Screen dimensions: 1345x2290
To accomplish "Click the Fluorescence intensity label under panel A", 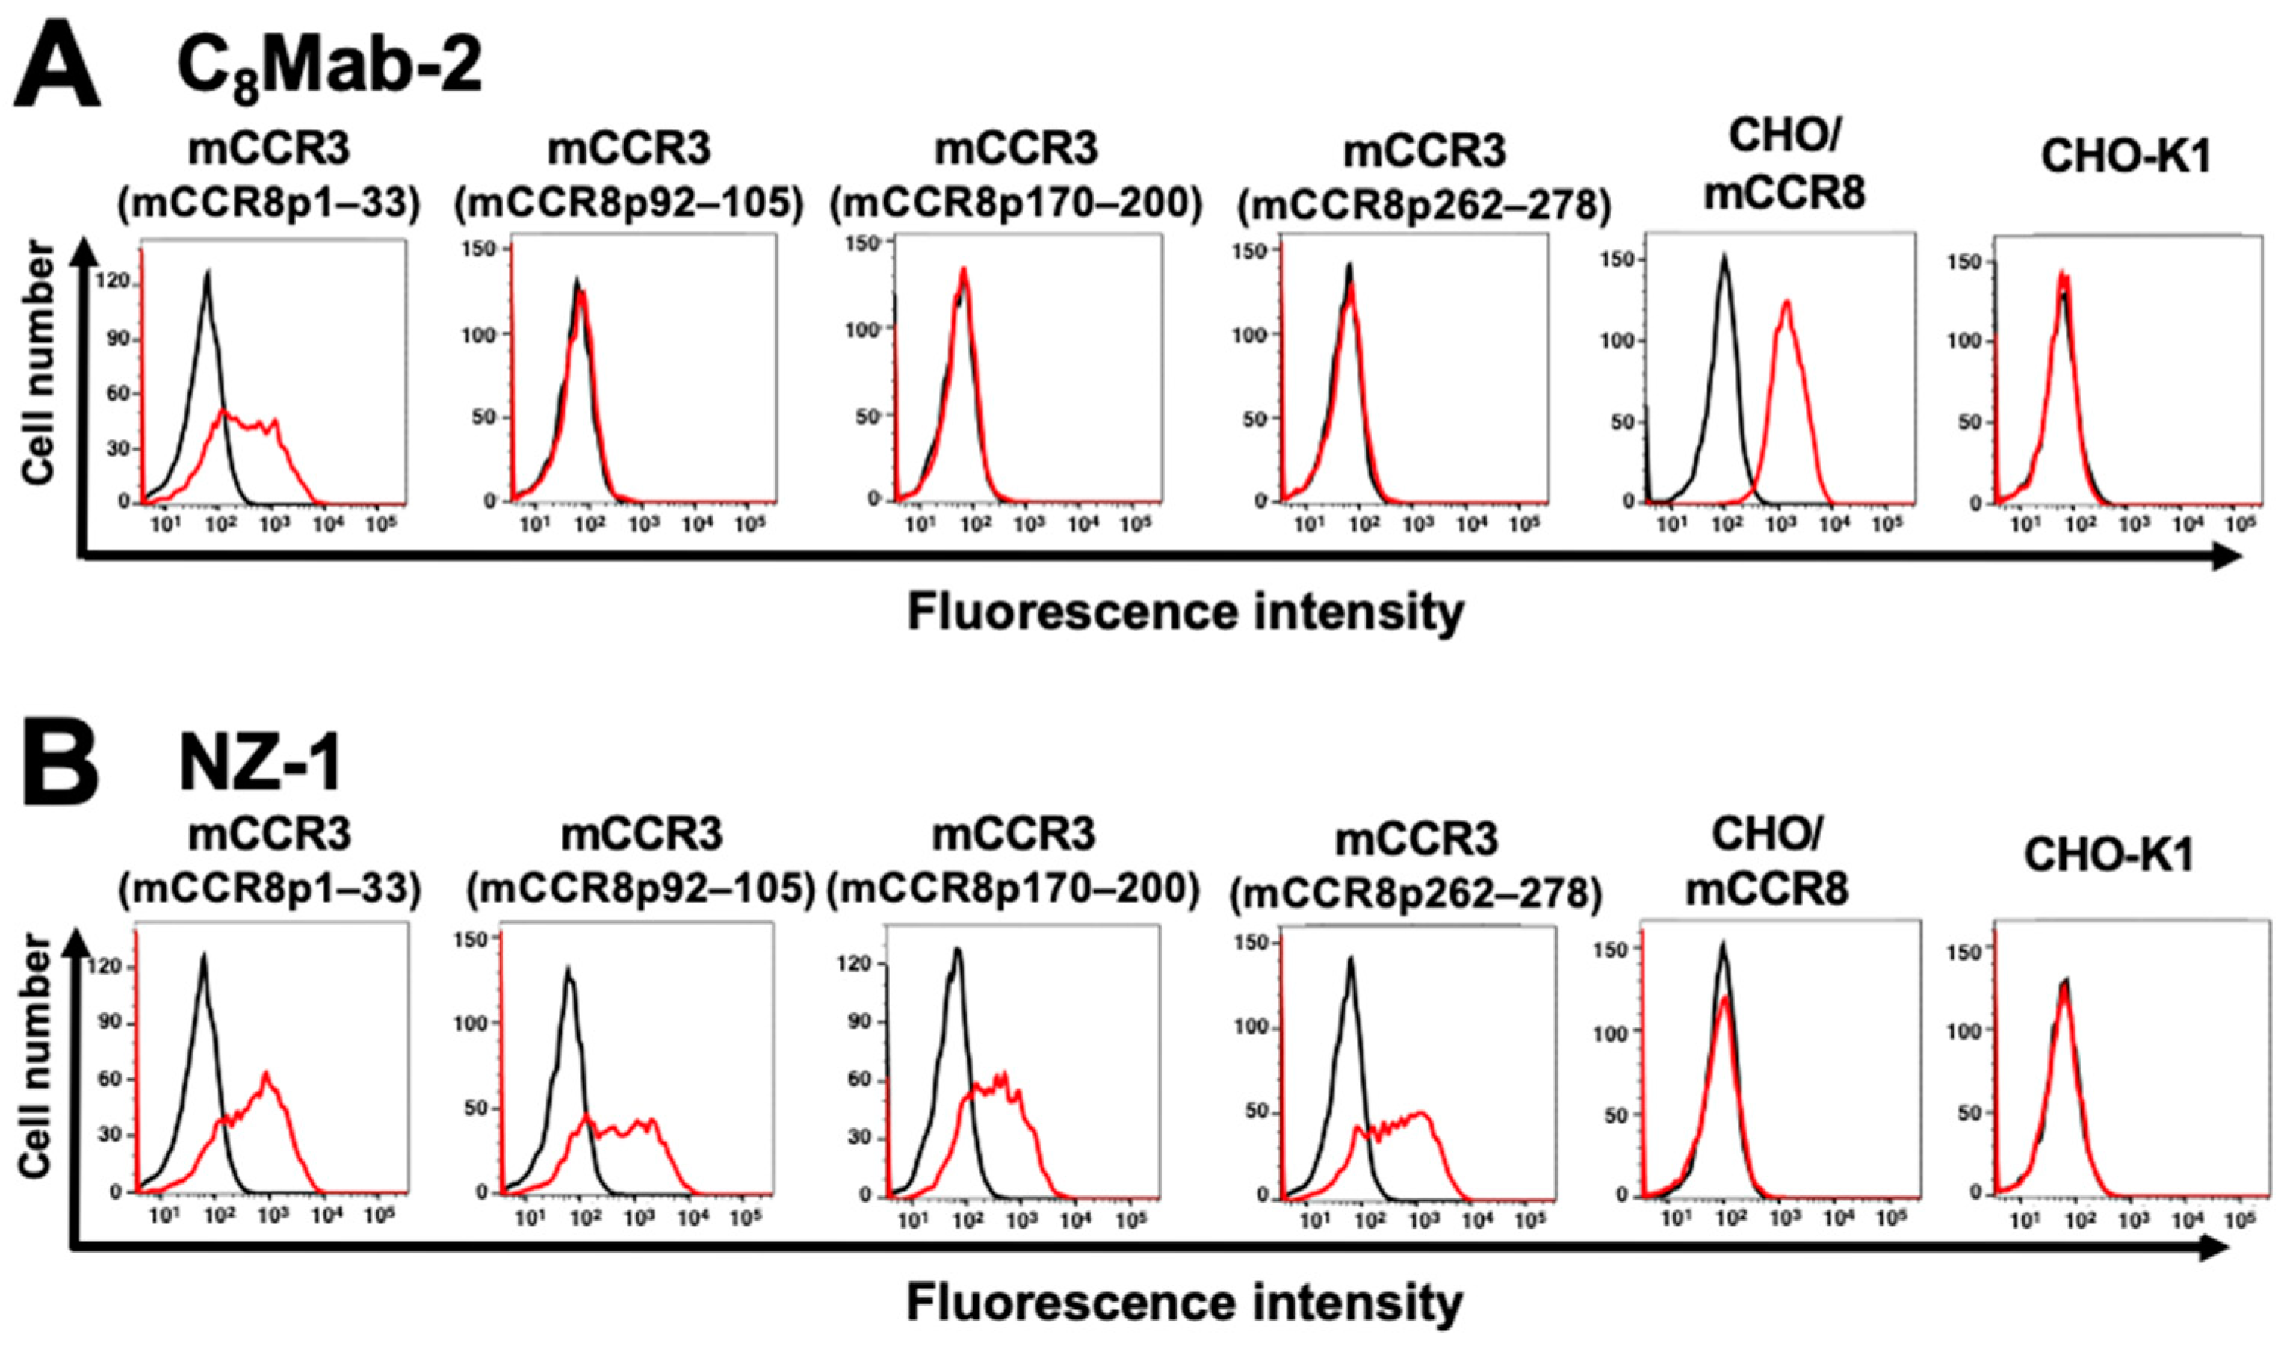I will point(1186,612).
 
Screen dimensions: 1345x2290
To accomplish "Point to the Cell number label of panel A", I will point(38,364).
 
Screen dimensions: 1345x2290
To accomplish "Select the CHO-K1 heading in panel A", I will point(2124,157).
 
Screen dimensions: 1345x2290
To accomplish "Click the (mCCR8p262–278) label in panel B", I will point(1415,895).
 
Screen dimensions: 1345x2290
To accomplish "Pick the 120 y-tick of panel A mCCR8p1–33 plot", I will point(118,284).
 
